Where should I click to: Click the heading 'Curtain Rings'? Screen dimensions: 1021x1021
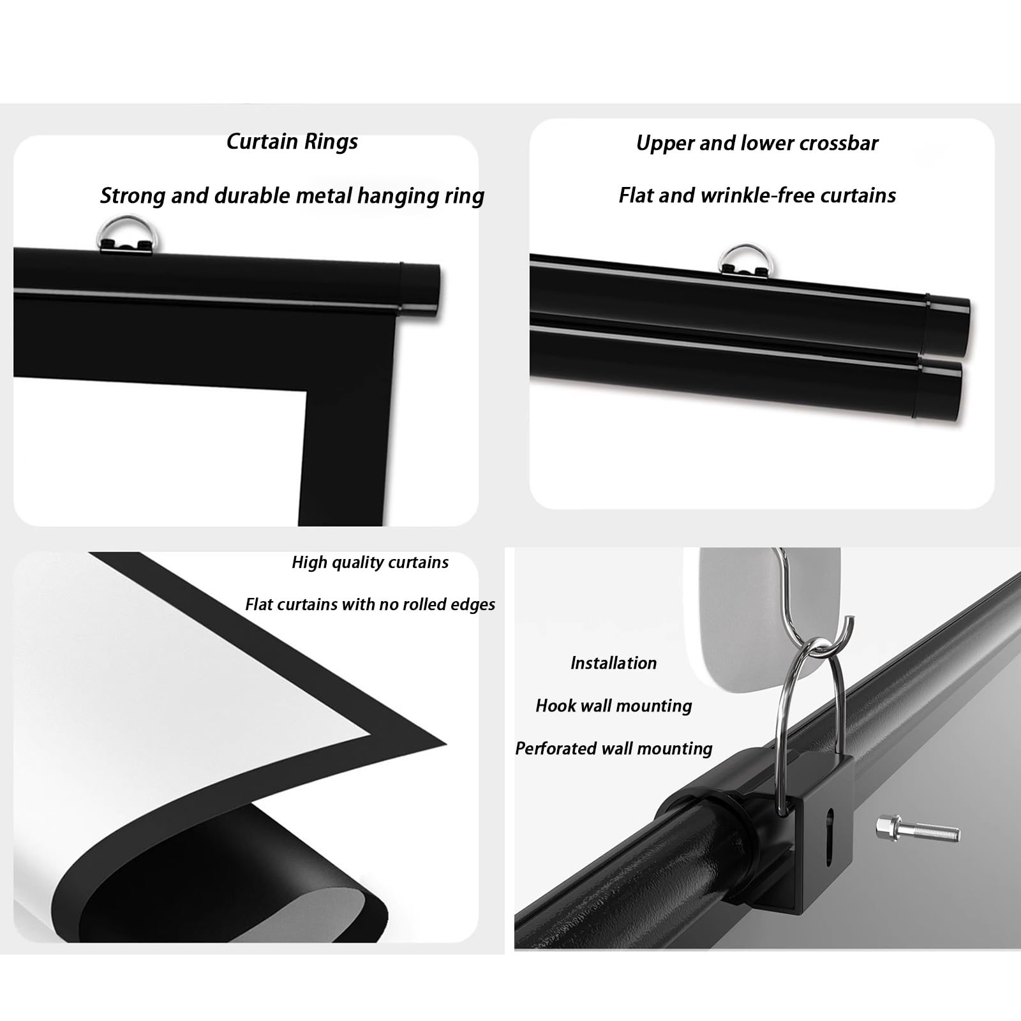point(292,142)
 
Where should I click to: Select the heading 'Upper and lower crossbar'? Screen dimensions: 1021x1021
point(757,144)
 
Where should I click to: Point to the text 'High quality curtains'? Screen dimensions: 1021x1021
point(370,562)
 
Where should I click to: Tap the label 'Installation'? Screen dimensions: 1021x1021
point(613,663)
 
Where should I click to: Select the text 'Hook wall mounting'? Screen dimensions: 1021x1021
point(614,706)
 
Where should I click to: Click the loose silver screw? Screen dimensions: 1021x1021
point(918,828)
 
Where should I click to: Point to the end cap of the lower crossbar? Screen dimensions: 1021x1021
point(940,389)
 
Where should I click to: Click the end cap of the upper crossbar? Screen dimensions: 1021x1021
point(950,325)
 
